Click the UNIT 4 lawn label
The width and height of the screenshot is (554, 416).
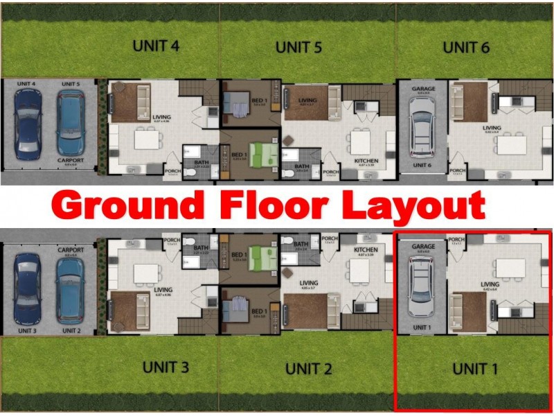156,46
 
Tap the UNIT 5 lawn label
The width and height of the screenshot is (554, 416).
298,48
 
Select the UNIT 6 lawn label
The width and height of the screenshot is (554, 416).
466,47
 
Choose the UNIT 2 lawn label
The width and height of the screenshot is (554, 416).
308,368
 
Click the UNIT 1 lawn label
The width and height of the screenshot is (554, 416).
475,368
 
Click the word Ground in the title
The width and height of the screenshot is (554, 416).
128,206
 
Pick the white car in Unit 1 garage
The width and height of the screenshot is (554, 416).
422,287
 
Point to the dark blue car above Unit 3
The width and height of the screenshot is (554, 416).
28,288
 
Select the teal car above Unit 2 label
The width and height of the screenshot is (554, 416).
71,288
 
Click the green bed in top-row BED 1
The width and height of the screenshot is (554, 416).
262,154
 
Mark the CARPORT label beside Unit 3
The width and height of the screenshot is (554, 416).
71,250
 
